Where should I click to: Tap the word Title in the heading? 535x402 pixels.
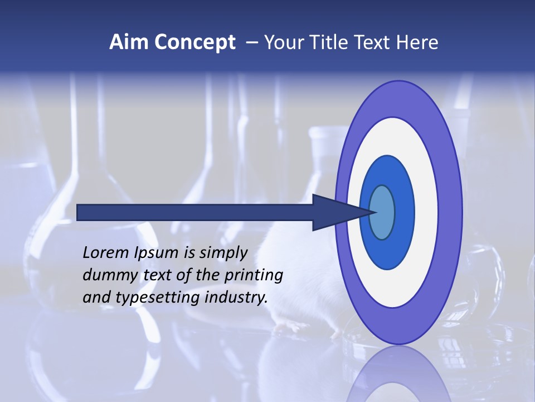tap(324, 42)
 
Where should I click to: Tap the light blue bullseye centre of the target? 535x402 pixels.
tap(382, 212)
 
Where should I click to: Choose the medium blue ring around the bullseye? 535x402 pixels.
tap(405, 212)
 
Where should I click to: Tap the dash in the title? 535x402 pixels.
tap(251, 43)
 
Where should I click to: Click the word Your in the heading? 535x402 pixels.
tap(282, 42)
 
